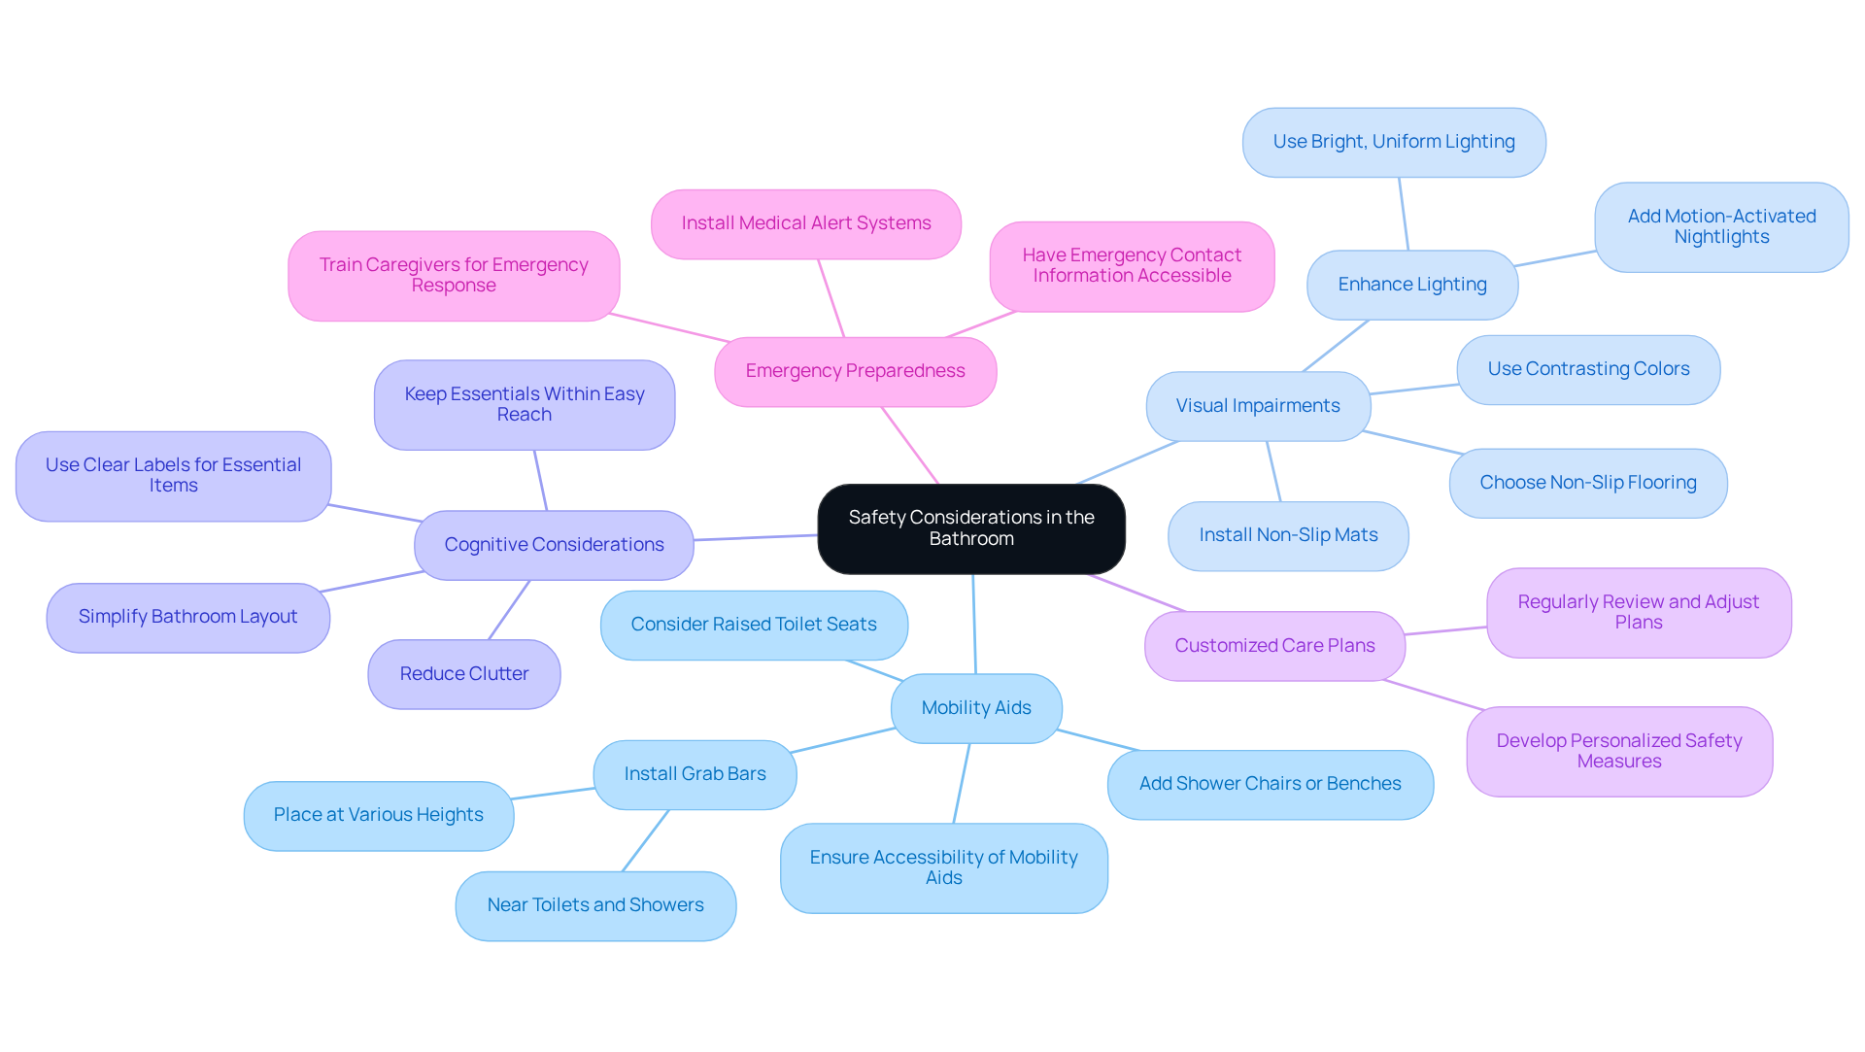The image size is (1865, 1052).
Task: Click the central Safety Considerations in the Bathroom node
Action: (971, 528)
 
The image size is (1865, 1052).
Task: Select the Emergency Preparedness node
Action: (855, 371)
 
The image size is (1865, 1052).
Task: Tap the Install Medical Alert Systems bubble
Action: (806, 223)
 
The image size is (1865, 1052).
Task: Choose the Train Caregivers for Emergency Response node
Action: (454, 275)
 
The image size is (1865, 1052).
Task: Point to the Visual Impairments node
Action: (1258, 406)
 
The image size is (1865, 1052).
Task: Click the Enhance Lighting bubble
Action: (1412, 285)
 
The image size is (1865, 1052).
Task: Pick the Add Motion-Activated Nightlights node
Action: (1721, 227)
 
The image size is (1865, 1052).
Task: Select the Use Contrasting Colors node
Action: (1588, 369)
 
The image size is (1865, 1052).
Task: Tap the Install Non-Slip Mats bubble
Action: (1288, 535)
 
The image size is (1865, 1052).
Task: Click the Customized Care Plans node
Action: (1274, 646)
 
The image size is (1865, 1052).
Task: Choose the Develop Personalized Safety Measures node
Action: (1619, 751)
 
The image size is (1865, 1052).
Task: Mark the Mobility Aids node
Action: (976, 708)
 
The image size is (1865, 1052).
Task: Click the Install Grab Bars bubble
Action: (695, 774)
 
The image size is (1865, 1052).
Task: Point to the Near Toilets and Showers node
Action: (595, 905)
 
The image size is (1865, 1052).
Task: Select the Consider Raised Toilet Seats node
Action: (754, 625)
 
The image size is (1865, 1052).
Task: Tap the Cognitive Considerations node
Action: (554, 545)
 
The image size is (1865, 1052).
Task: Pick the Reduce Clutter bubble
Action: (464, 674)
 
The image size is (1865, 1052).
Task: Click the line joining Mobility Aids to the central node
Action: (974, 624)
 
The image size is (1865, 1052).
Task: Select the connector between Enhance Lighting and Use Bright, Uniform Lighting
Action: (1404, 214)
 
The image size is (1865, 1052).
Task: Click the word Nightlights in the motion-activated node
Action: (1721, 237)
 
